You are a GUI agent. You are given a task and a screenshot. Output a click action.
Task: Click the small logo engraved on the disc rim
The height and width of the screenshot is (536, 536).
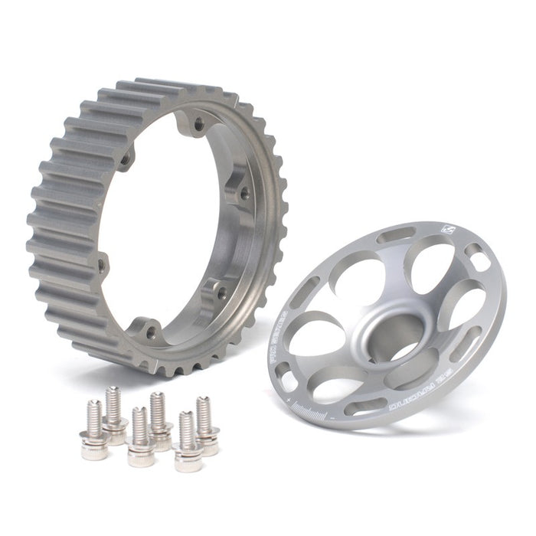pyautogui.click(x=446, y=229)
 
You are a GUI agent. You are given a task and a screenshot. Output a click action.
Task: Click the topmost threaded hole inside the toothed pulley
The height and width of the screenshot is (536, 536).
pyautogui.click(x=198, y=121)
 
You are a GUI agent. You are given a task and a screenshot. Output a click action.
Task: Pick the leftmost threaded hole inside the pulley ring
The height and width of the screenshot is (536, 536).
pyautogui.click(x=101, y=264)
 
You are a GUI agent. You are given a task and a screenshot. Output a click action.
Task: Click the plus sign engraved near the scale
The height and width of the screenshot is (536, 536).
pyautogui.click(x=288, y=400)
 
